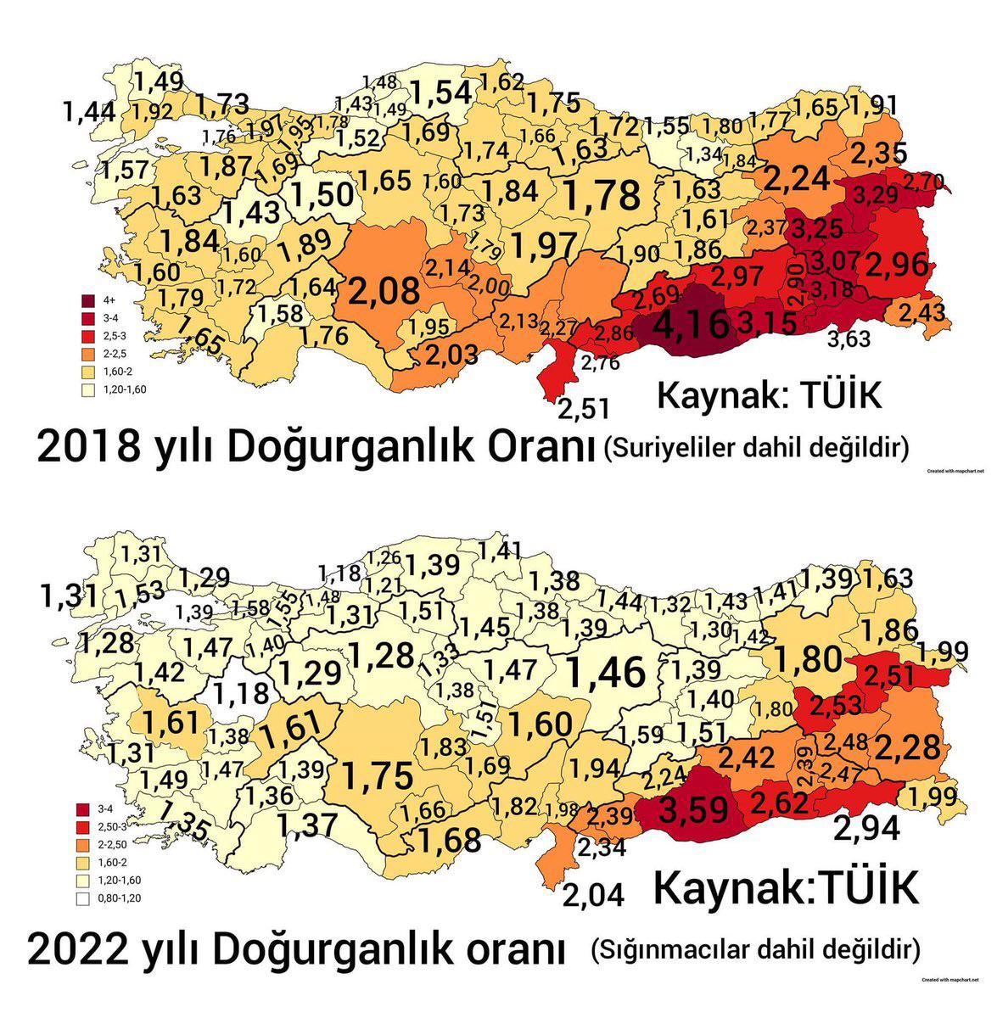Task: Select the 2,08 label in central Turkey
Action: [x=382, y=291]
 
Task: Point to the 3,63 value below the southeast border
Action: [x=849, y=340]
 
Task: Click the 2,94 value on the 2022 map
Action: [x=867, y=827]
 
